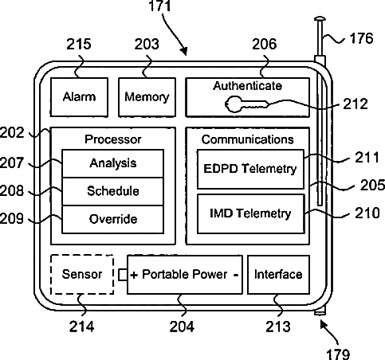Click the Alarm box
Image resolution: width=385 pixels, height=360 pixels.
[79, 97]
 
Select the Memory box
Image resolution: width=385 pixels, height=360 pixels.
[147, 97]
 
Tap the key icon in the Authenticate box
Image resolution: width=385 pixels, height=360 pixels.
[246, 104]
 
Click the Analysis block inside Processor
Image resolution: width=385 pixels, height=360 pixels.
[112, 163]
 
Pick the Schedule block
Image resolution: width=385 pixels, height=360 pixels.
[112, 191]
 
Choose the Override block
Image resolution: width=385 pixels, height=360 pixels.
[112, 220]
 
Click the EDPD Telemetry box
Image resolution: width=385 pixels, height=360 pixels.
[250, 169]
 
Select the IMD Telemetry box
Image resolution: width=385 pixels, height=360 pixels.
[250, 213]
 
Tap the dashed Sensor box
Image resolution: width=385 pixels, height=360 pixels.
[82, 274]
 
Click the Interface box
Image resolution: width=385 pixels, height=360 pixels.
[278, 275]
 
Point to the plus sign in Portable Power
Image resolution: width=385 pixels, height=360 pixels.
[134, 275]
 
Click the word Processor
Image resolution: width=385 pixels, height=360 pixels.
[113, 139]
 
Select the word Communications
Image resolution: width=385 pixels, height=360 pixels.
[247, 139]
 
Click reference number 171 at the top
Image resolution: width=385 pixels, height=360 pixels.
[159, 6]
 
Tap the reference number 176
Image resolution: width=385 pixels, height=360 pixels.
[361, 38]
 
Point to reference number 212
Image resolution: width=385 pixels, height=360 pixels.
[356, 104]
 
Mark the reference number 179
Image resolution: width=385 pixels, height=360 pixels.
[338, 354]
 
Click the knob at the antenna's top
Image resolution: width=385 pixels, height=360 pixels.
[320, 19]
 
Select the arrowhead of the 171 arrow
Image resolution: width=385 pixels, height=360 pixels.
[184, 51]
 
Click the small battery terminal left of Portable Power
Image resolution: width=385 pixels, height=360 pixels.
[123, 275]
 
